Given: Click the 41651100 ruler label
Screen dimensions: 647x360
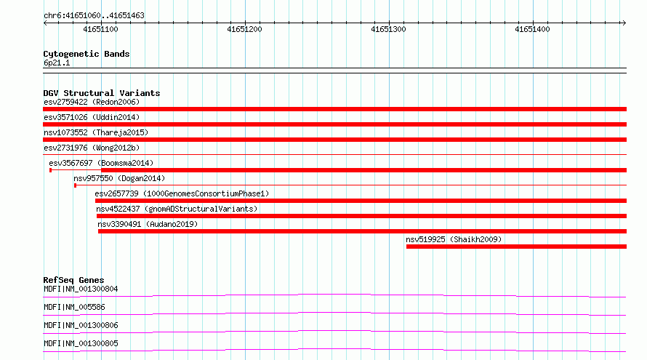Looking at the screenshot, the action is [x=100, y=29].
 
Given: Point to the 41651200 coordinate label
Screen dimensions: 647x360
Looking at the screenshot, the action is [x=244, y=29].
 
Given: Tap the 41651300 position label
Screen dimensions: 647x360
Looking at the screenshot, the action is [x=388, y=29].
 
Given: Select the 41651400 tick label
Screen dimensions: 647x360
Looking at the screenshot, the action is [x=532, y=29].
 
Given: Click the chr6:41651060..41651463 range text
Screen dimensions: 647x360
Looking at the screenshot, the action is [x=94, y=16].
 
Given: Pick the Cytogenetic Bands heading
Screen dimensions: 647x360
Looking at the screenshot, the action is [x=87, y=54].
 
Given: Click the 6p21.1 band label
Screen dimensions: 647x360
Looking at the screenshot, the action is [x=57, y=63].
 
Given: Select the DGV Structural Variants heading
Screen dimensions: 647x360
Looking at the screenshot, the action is [x=102, y=93].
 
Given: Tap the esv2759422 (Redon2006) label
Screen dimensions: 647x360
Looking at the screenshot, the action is [x=92, y=102].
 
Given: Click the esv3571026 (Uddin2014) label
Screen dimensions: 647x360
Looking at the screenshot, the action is [x=92, y=117].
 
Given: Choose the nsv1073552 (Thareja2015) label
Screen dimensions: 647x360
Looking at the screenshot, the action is [x=96, y=132].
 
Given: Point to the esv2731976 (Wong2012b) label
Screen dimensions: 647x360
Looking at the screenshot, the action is [x=92, y=148].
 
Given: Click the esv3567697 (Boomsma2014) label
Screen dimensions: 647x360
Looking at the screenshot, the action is [x=101, y=163].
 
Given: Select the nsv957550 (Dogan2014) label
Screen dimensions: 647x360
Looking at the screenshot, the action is [x=119, y=178].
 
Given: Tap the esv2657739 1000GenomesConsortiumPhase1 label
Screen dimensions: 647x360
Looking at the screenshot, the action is [x=182, y=193].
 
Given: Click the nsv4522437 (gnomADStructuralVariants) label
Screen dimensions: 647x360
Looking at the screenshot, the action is [x=177, y=209].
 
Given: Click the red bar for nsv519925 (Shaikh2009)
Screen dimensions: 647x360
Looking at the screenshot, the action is [x=516, y=247].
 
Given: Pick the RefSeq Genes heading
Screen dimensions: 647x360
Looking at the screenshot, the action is [x=73, y=280].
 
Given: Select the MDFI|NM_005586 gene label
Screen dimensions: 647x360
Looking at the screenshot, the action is [x=74, y=307].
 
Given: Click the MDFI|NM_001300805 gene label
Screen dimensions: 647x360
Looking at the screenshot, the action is [x=81, y=343].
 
